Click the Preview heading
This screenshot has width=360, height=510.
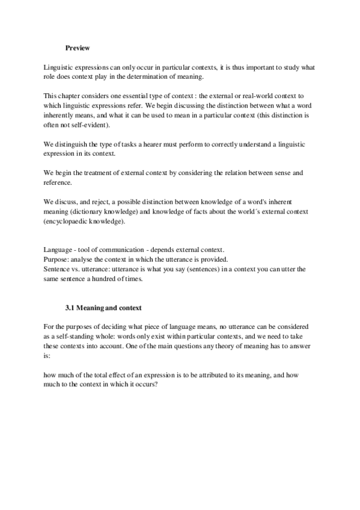pyautogui.click(x=77, y=48)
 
